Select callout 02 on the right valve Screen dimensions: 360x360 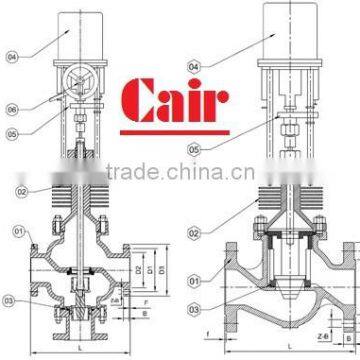tap(194, 232)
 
